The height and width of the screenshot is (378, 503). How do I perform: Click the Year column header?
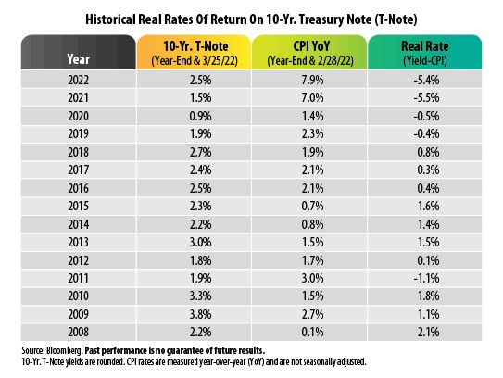click(78, 59)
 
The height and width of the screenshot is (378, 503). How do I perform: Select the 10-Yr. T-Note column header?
click(195, 53)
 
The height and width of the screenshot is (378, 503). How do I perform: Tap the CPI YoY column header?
click(310, 53)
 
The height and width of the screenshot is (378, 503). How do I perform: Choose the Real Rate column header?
click(425, 53)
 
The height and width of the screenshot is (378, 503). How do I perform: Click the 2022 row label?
click(78, 80)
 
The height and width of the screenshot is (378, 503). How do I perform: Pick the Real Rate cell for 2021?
click(426, 98)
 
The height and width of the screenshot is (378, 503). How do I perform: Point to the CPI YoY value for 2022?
click(312, 80)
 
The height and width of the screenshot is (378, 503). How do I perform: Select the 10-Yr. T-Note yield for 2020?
click(200, 116)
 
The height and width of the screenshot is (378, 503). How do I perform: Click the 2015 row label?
click(78, 206)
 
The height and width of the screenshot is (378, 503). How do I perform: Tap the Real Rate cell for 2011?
click(426, 278)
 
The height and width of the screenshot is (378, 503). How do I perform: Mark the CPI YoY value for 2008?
click(312, 332)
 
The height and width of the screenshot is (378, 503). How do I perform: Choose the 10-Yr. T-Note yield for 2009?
click(200, 314)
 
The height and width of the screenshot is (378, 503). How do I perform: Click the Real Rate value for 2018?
click(428, 152)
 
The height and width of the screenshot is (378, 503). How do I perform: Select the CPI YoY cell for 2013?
click(312, 242)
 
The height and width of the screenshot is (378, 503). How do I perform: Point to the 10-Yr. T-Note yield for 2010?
click(200, 296)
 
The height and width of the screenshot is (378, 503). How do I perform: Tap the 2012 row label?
click(78, 260)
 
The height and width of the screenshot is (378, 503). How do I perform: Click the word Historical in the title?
click(110, 19)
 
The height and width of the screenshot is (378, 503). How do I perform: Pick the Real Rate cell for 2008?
click(428, 332)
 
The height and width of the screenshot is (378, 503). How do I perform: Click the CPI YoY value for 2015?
click(312, 206)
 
